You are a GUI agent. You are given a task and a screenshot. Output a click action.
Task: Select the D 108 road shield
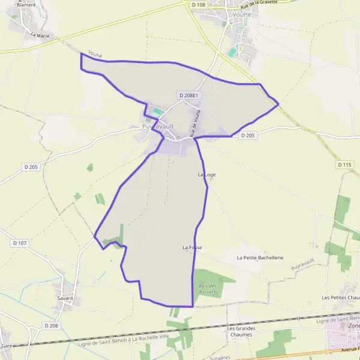pos(199,4)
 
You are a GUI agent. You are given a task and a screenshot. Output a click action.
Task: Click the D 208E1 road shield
pos(188,95)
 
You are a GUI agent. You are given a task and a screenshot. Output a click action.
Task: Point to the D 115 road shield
pos(344,164)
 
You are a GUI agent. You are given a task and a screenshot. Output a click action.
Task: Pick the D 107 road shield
pos(19,243)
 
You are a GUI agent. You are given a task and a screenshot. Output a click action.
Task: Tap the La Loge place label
pos(206,175)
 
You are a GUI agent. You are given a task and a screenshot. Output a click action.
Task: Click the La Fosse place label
pos(193,247)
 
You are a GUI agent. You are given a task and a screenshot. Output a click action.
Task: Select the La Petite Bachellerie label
pos(260,257)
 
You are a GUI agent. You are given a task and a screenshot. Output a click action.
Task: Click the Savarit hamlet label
pos(65,298)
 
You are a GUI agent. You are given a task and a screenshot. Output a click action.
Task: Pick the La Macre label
pos(40,35)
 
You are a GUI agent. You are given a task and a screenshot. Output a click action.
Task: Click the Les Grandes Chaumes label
pos(241,331)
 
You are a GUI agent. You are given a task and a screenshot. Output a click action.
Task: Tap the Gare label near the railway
pos(7,346)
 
